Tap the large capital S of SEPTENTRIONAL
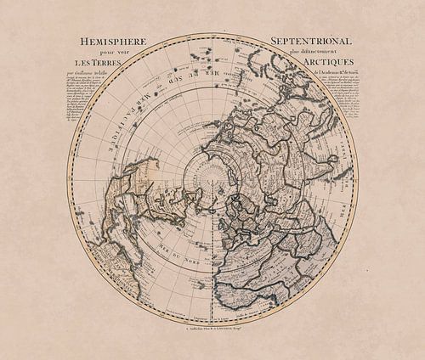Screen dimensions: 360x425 click(x=275, y=41)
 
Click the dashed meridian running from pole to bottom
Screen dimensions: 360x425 click(x=212, y=255)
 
